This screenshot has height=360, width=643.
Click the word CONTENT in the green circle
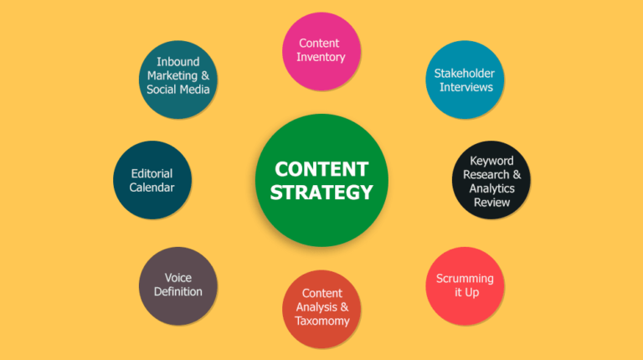(x=321, y=169)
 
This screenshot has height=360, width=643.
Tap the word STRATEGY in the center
(x=321, y=193)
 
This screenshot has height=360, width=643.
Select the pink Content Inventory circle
(x=321, y=51)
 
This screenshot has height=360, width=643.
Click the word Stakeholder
(x=464, y=74)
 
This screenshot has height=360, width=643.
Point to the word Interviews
(x=466, y=87)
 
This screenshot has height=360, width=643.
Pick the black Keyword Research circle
(x=491, y=180)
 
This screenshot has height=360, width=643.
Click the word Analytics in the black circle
(x=491, y=188)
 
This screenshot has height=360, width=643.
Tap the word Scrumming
(x=465, y=279)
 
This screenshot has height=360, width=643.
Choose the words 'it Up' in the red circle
(x=466, y=292)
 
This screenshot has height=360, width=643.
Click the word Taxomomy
(x=321, y=321)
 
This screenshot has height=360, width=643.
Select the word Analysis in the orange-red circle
(x=316, y=307)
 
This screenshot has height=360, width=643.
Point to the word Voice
(x=178, y=278)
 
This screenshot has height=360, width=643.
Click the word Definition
(x=178, y=291)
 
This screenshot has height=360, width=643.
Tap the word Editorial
(x=152, y=173)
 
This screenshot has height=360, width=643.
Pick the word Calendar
(x=152, y=188)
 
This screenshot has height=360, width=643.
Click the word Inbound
(x=178, y=62)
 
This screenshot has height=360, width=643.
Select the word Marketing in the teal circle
(x=172, y=76)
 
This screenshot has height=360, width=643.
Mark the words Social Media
(x=178, y=90)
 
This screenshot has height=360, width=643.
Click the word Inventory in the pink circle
(x=321, y=57)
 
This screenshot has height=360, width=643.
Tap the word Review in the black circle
(x=491, y=202)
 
